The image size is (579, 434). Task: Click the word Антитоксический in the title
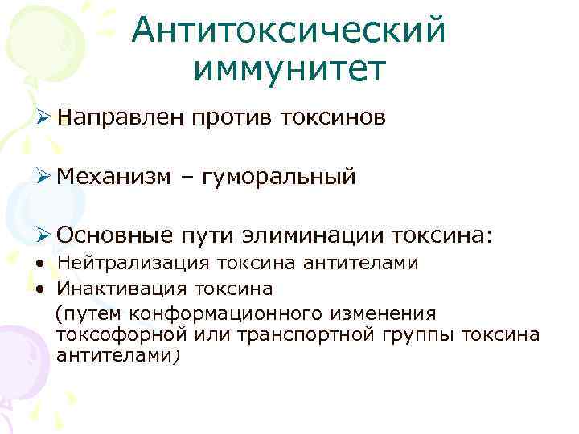289,31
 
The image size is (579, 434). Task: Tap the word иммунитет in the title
289,69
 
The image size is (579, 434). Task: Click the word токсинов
333,118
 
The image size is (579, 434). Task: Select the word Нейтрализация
131,263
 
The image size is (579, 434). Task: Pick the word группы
423,334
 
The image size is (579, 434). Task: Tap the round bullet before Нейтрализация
39,264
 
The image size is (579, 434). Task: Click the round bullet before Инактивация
39,288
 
